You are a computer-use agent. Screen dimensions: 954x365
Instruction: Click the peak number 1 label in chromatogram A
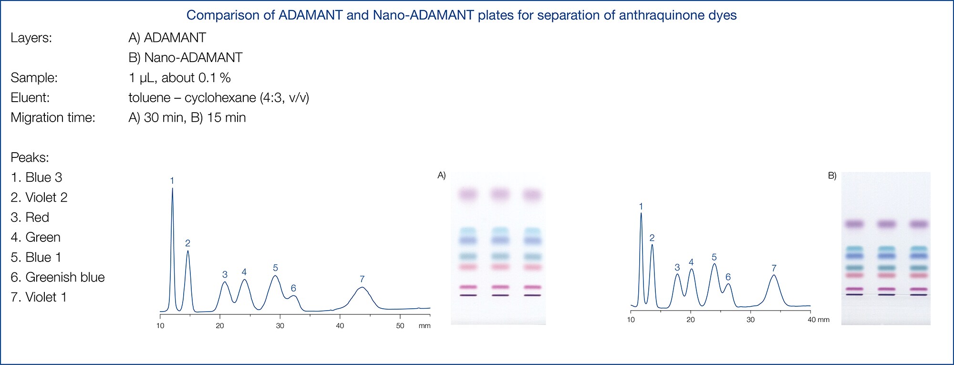click(172, 181)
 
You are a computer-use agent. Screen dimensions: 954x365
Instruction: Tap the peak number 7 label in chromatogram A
click(362, 279)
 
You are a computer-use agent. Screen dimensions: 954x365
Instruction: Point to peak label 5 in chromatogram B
click(714, 257)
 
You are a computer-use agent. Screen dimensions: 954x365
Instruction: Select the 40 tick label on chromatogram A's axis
click(340, 326)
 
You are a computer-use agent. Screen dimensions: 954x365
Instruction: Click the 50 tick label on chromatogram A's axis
click(400, 326)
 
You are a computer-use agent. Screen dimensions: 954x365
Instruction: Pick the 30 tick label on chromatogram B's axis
click(750, 320)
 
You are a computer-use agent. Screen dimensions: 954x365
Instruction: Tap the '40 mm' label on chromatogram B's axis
click(818, 320)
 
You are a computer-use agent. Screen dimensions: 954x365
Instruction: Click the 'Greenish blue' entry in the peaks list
click(65, 277)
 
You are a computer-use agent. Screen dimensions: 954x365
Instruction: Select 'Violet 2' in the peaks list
click(46, 198)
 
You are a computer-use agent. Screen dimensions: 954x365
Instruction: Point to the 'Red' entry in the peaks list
click(37, 218)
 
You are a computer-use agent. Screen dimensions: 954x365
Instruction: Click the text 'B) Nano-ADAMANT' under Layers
click(186, 58)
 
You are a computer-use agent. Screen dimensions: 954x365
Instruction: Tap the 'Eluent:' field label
click(30, 98)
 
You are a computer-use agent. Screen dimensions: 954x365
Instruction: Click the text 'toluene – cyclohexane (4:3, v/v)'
click(219, 98)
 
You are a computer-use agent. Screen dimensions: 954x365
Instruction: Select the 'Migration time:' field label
click(53, 118)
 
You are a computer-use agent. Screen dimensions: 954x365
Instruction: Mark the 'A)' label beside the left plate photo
click(442, 176)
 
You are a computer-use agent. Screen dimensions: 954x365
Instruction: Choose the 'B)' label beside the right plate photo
click(832, 176)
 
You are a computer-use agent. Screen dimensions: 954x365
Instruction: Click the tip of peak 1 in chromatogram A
click(172, 188)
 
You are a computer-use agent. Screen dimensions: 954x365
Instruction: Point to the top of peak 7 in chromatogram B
click(774, 275)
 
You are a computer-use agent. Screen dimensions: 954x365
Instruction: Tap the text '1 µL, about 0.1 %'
click(180, 78)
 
